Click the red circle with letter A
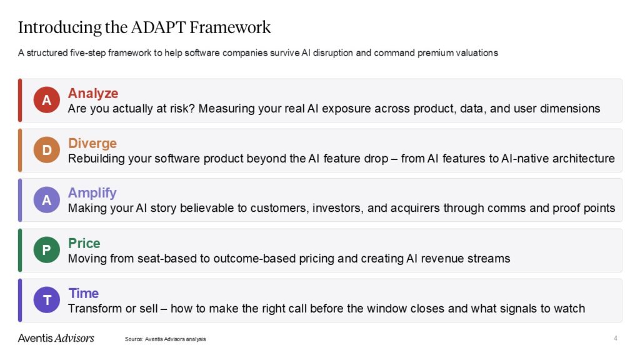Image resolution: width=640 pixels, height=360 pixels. click(46, 100)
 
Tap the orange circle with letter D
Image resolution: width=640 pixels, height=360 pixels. click(46, 150)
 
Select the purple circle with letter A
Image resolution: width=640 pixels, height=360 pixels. click(46, 200)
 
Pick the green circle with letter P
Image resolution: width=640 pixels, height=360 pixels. click(46, 250)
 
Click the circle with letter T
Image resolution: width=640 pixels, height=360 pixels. click(46, 300)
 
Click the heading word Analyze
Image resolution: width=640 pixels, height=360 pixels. click(93, 93)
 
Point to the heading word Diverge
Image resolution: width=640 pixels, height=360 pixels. click(92, 143)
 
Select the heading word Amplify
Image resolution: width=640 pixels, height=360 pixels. click(92, 193)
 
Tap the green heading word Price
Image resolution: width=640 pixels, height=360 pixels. click(84, 243)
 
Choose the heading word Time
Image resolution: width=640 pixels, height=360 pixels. click(84, 293)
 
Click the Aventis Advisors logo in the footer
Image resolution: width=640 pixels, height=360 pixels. click(56, 338)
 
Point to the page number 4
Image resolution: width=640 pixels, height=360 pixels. click(615, 338)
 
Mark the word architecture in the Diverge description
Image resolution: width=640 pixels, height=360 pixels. click(582, 158)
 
